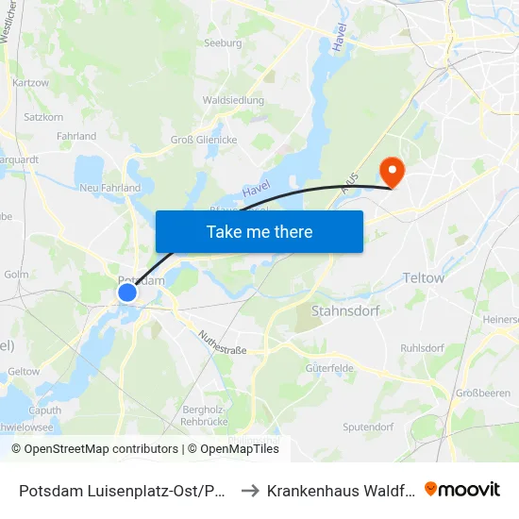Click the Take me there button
[x=259, y=231]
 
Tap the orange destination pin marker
[x=390, y=171]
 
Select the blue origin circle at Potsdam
[x=127, y=293]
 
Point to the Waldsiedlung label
[x=233, y=100]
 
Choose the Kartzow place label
[x=31, y=83]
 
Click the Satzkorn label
[x=43, y=118]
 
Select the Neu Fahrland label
[x=110, y=188]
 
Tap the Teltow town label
[x=423, y=278]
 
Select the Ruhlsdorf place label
[x=422, y=347]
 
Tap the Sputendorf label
[x=368, y=427]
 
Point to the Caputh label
[x=44, y=410]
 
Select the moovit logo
[x=462, y=489]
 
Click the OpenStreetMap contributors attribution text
[x=94, y=449]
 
